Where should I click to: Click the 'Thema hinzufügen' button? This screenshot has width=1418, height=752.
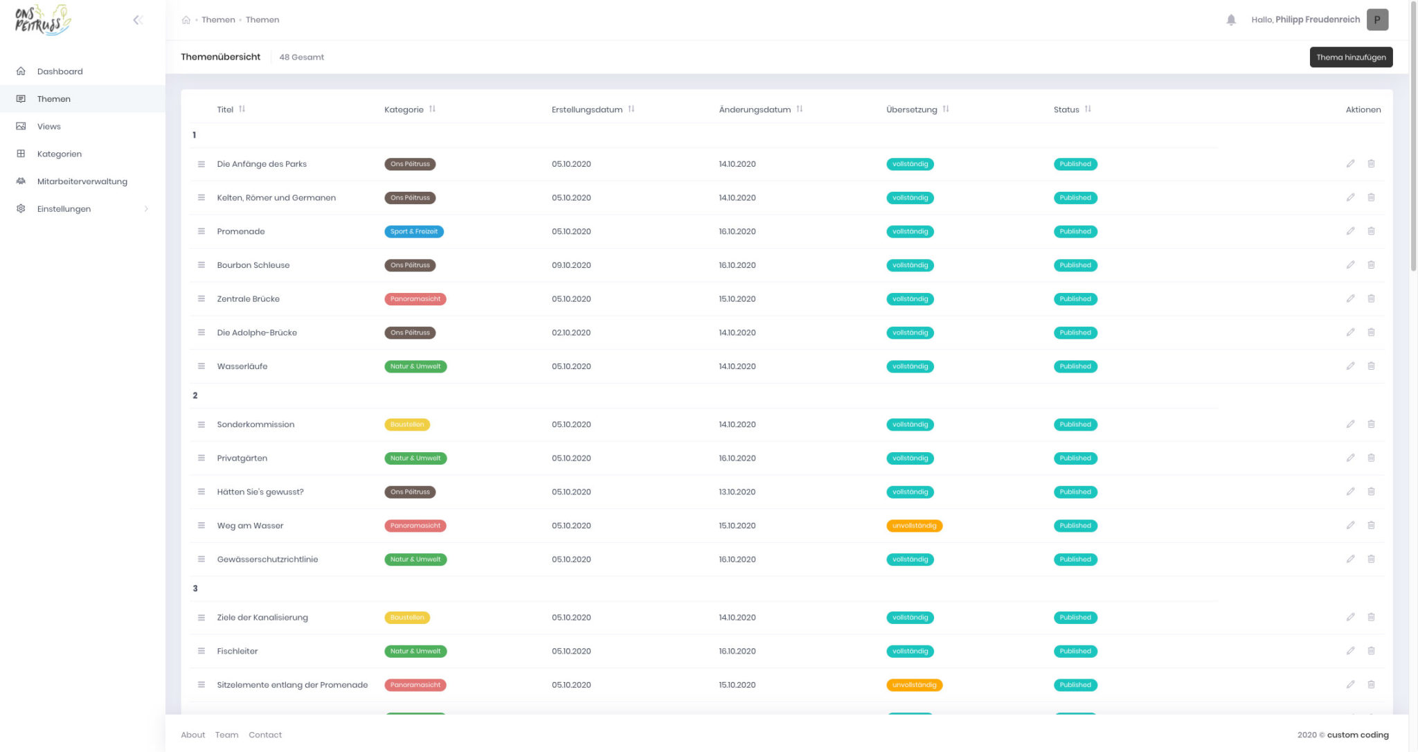[x=1350, y=57]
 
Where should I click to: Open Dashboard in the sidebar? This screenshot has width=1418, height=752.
[x=60, y=71]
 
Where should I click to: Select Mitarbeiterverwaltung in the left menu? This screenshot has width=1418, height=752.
[x=82, y=181]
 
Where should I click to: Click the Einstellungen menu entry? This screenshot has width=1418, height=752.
[x=64, y=209]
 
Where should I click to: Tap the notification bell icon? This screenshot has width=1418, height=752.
[x=1230, y=20]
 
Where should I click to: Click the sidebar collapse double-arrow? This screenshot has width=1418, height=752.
[x=138, y=20]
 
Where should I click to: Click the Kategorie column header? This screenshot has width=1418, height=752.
[x=404, y=109]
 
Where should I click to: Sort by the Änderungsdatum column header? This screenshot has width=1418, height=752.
[x=754, y=109]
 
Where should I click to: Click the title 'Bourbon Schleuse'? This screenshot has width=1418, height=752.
[x=253, y=265]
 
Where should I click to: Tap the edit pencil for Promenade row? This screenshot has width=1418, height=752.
[x=1349, y=231]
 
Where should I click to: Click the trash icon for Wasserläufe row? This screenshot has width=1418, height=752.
[x=1370, y=366]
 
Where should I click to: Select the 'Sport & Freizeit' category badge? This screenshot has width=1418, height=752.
[x=413, y=232]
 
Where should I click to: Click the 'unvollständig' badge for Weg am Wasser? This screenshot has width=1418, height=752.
[x=914, y=526]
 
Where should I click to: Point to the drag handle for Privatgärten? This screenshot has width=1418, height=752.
[x=201, y=458]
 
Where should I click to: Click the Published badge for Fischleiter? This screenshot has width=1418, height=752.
[x=1075, y=652]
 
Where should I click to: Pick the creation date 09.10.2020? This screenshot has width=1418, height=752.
[x=571, y=265]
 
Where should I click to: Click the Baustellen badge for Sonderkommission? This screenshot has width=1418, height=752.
[x=406, y=424]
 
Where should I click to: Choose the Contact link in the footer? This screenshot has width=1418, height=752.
[x=264, y=735]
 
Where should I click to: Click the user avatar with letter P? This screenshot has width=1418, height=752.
[x=1376, y=20]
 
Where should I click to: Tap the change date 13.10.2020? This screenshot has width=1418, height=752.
[x=737, y=492]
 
